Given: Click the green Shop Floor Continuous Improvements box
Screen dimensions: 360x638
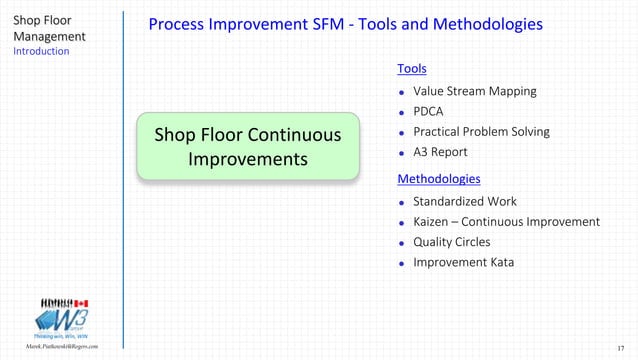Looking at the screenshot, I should tap(247, 147).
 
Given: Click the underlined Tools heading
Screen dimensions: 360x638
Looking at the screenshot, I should tap(411, 69).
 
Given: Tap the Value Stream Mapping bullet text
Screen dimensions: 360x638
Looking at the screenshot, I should tap(474, 91).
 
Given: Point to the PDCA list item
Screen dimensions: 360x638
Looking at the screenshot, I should tap(428, 112).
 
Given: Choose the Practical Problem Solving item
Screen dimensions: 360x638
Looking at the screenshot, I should tap(481, 132).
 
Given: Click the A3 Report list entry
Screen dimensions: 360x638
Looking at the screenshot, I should tap(440, 152).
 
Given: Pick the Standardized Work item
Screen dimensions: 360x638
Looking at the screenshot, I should tap(465, 201).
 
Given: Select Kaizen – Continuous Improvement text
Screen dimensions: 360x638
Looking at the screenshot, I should tap(506, 222).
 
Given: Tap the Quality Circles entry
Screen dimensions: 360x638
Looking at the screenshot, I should tap(451, 242).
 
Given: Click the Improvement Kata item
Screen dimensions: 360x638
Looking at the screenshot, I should tap(457, 263).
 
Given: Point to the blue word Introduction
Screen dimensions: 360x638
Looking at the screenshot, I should tap(41, 51).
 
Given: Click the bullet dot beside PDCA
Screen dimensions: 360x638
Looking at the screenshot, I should tap(402, 113).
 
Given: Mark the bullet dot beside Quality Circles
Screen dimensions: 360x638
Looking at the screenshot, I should tap(402, 243).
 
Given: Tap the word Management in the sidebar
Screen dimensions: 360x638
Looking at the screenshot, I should tap(49, 36).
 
